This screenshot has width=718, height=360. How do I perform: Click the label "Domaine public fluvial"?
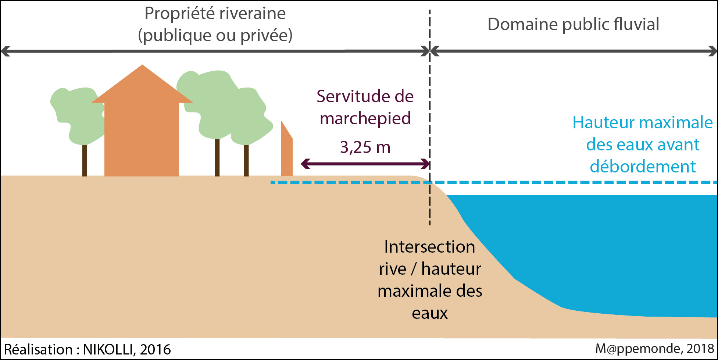point(573,25)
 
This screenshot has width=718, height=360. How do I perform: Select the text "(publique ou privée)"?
point(215,36)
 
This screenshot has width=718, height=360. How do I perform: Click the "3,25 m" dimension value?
point(365,147)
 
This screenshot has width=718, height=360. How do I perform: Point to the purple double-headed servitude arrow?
point(365,164)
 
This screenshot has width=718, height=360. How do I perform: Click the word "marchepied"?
point(365,119)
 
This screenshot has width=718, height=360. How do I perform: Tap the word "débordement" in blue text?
point(643,167)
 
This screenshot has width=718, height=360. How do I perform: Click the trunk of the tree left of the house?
point(85,160)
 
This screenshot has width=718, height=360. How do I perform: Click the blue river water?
point(607,250)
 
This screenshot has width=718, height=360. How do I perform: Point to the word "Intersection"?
point(429,247)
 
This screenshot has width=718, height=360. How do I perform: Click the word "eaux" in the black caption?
point(429,313)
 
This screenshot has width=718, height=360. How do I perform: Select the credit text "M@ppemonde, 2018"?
point(654,349)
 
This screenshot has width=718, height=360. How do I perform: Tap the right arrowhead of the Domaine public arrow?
point(712,51)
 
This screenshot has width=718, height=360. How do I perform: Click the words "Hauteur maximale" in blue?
point(643,122)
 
